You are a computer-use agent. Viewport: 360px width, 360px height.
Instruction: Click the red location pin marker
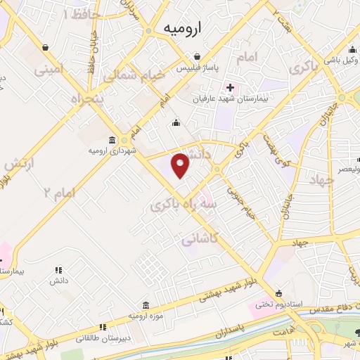181,165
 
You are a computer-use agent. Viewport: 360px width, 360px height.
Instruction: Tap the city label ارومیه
182,28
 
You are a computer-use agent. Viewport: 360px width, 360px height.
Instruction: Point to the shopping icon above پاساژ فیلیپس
200,57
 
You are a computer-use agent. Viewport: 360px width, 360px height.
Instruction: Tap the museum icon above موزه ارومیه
146,305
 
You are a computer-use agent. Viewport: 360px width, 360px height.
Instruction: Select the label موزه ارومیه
146,316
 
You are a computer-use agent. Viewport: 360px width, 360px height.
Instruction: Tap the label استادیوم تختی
278,304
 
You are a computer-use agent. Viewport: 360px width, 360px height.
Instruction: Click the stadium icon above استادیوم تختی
280,293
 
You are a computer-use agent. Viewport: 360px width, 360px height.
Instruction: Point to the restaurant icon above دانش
58,270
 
